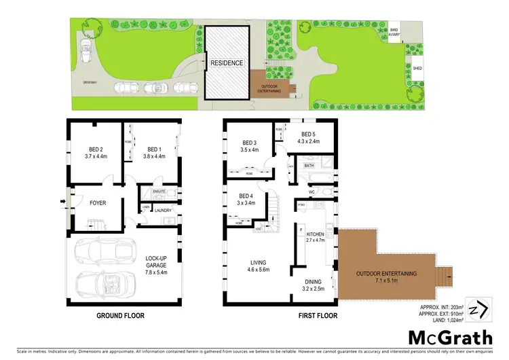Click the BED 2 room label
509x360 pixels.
96,149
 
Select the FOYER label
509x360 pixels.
99,202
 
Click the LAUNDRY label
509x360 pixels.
162,211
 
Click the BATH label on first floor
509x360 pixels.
309,165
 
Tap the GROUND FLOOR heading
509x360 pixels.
124,316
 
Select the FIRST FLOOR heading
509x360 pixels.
280,316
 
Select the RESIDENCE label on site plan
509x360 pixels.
226,62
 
